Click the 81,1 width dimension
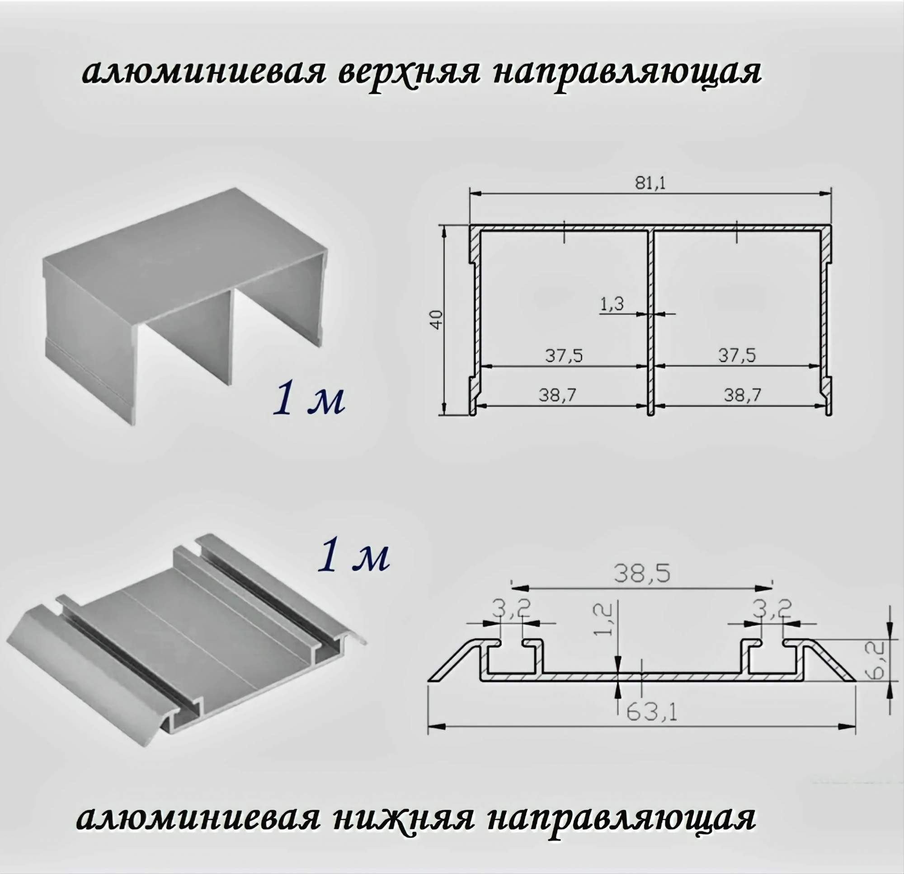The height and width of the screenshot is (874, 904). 650,183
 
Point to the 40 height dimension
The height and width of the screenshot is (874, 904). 436,319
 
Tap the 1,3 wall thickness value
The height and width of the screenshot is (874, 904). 612,304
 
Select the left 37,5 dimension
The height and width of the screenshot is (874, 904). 564,355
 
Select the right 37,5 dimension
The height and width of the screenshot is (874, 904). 737,355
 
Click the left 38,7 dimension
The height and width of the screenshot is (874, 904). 558,395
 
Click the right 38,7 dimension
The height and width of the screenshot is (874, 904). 743,395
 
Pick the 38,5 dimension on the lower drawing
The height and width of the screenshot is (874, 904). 641,575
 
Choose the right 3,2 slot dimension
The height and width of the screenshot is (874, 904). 772,609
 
